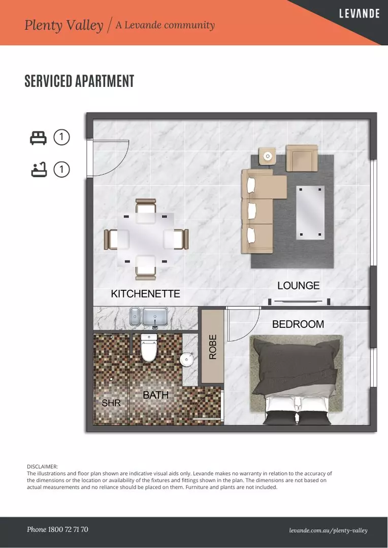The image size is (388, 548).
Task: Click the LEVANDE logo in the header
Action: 360,14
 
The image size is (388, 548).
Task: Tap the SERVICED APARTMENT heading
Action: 79,81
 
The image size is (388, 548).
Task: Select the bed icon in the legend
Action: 38,138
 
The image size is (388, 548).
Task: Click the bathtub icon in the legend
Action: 39,169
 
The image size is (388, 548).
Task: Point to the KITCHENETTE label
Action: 145,294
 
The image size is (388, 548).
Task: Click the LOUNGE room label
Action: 299,286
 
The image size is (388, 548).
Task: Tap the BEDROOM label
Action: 298,324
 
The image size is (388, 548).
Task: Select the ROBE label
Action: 213,347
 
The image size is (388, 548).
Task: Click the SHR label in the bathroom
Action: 111,403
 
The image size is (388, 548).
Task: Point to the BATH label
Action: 156,395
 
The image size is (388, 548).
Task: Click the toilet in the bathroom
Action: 149,348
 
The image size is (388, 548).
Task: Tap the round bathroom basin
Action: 186,359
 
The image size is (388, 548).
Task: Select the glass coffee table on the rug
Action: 310,213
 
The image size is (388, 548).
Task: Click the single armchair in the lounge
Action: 302,158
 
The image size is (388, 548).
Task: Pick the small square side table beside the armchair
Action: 267,156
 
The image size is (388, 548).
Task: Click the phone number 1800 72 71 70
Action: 57,529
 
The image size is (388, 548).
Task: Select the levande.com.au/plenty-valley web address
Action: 328,531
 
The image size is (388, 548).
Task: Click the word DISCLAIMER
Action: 42,467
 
